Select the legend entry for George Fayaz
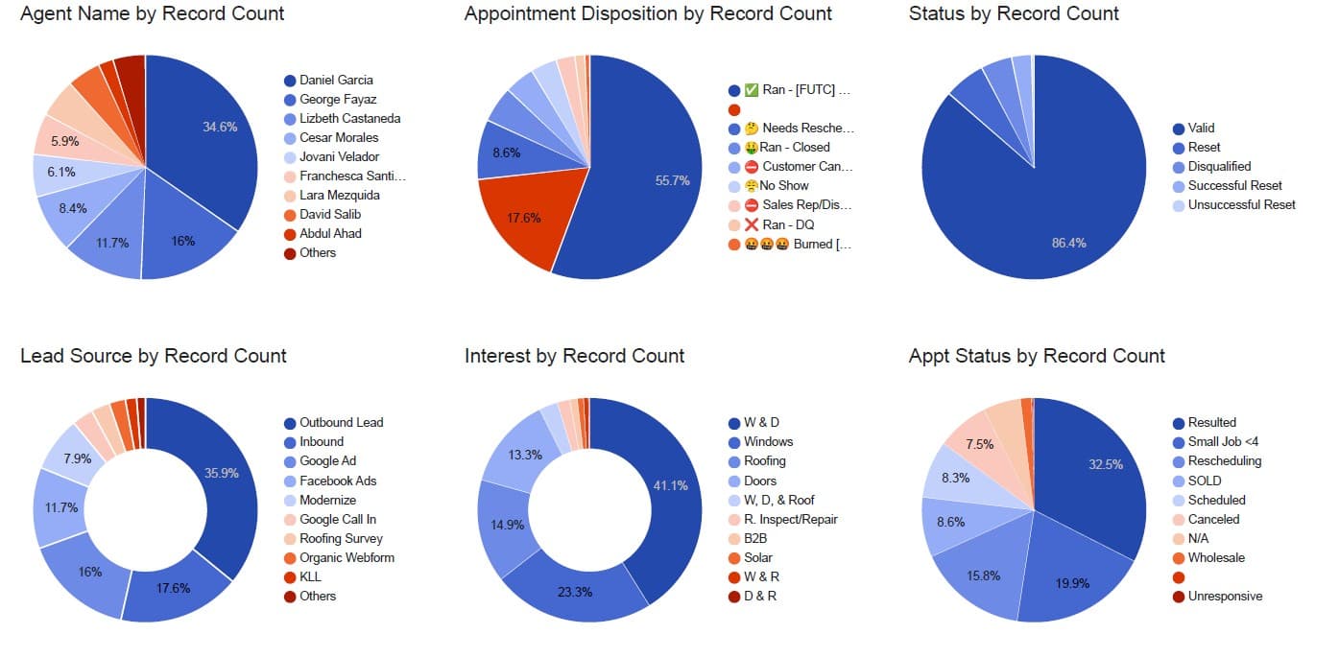click(337, 99)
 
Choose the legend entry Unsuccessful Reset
click(1241, 204)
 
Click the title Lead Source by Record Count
click(154, 356)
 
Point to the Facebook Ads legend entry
click(337, 481)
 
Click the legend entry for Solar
click(757, 557)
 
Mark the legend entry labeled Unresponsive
click(1225, 596)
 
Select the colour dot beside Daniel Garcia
click(289, 81)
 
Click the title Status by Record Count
click(1014, 13)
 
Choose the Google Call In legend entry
click(337, 519)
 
